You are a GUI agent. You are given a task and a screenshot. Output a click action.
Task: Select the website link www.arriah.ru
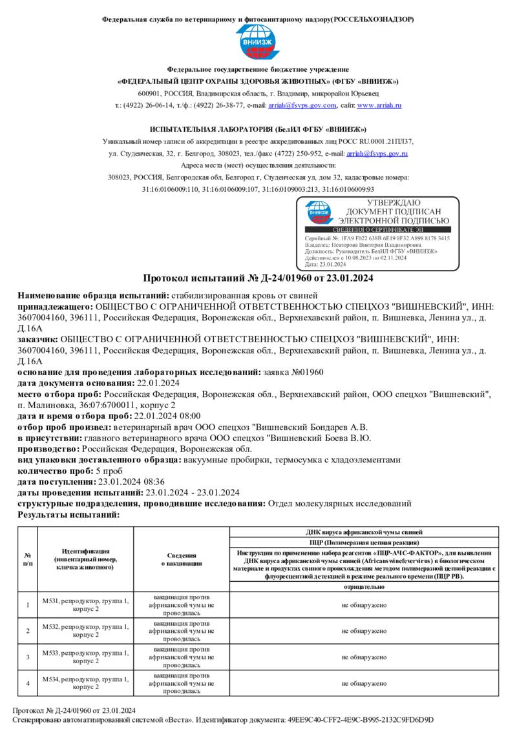(379, 105)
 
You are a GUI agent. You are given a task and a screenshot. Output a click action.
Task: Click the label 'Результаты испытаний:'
(69, 515)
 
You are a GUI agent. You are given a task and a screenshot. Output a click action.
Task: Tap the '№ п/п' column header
(28, 559)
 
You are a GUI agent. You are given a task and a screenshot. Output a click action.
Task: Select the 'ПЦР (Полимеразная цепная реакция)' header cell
(364, 542)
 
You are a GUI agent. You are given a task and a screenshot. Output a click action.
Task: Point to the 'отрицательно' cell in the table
(364, 587)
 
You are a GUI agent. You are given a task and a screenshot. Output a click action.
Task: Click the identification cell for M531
(85, 604)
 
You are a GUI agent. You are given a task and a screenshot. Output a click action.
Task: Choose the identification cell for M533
(85, 657)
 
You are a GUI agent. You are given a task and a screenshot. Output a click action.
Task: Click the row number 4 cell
(28, 683)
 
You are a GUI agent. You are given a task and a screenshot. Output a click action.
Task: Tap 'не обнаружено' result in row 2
(364, 631)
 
